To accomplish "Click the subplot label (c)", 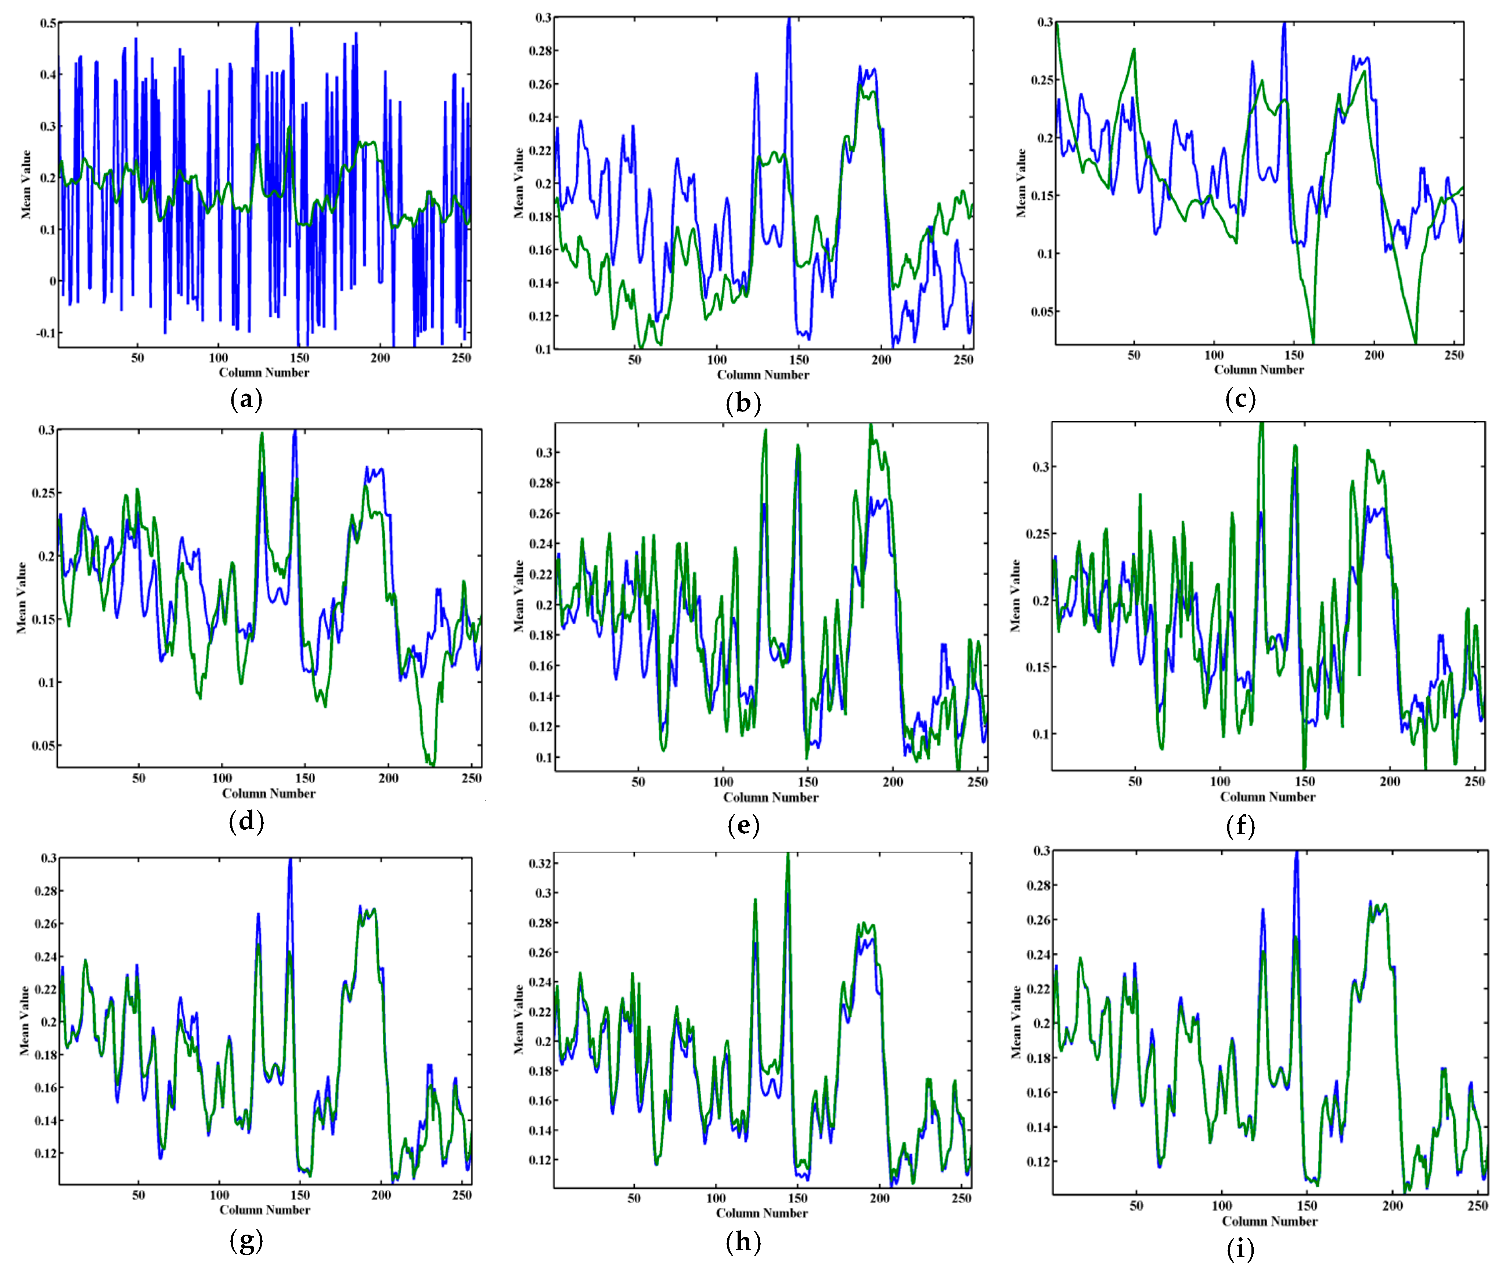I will coord(1241,399).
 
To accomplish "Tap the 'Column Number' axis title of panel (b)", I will coord(763,374).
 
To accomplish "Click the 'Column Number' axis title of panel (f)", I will coord(1267,797).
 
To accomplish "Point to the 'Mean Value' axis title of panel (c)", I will coord(1021,183).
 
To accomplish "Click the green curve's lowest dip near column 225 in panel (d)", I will coord(432,764).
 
